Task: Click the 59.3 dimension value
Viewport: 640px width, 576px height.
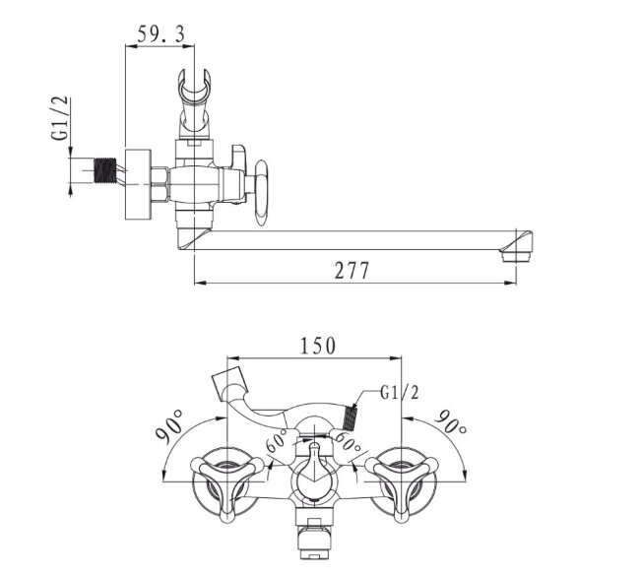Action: [x=160, y=33]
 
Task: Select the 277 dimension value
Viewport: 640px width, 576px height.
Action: [x=352, y=270]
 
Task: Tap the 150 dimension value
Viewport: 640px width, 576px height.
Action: [x=318, y=346]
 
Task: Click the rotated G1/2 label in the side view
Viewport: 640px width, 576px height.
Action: [x=59, y=119]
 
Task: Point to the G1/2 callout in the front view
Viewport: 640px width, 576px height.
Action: [x=400, y=392]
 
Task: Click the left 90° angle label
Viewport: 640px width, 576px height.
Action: [x=169, y=426]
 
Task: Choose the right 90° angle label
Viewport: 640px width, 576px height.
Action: [x=451, y=421]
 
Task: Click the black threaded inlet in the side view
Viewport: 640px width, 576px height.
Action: [x=105, y=169]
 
